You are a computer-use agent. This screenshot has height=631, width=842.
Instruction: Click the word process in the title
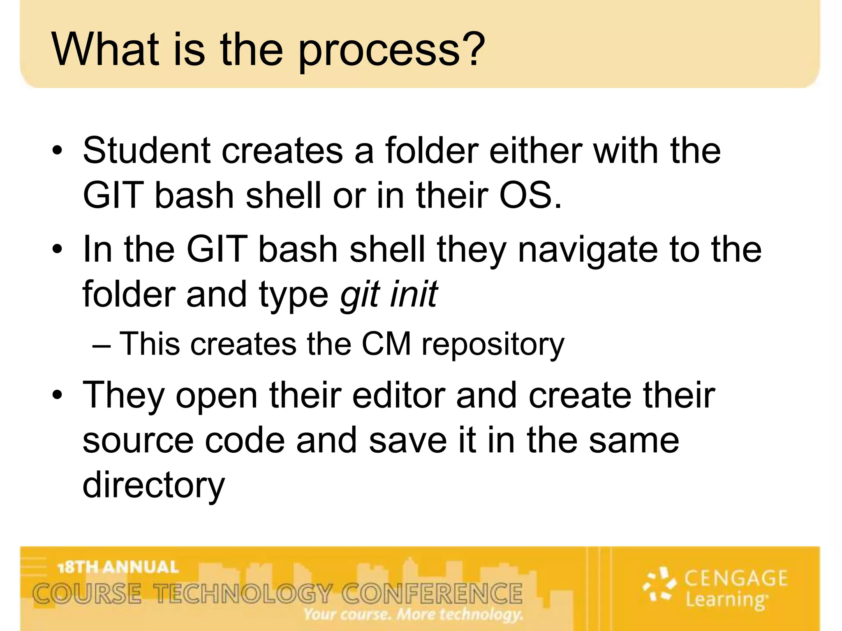pos(378,51)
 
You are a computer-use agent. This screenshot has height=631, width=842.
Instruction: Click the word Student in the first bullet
pos(147,151)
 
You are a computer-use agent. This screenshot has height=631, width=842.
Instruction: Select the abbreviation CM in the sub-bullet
pos(386,344)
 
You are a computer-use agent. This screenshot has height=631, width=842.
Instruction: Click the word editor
pos(398,395)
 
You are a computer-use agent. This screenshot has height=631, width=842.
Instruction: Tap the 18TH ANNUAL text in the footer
pos(118,567)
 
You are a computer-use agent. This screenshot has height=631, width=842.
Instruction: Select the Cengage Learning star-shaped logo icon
pos(659,584)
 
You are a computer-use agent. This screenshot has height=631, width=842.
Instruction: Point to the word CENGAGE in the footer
pos(736,578)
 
